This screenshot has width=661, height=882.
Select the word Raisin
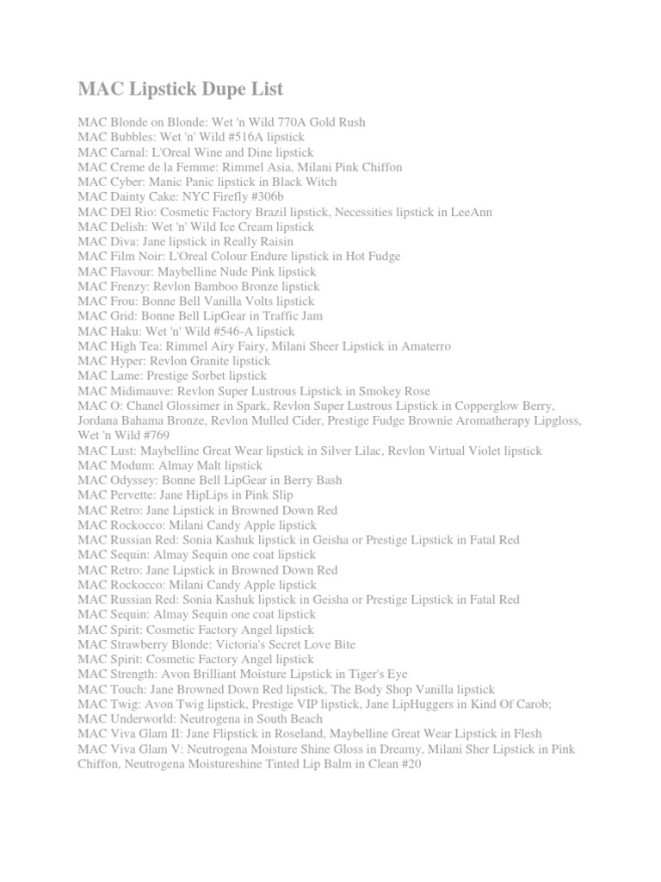[x=275, y=241]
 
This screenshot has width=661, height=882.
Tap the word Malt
[x=205, y=465]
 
